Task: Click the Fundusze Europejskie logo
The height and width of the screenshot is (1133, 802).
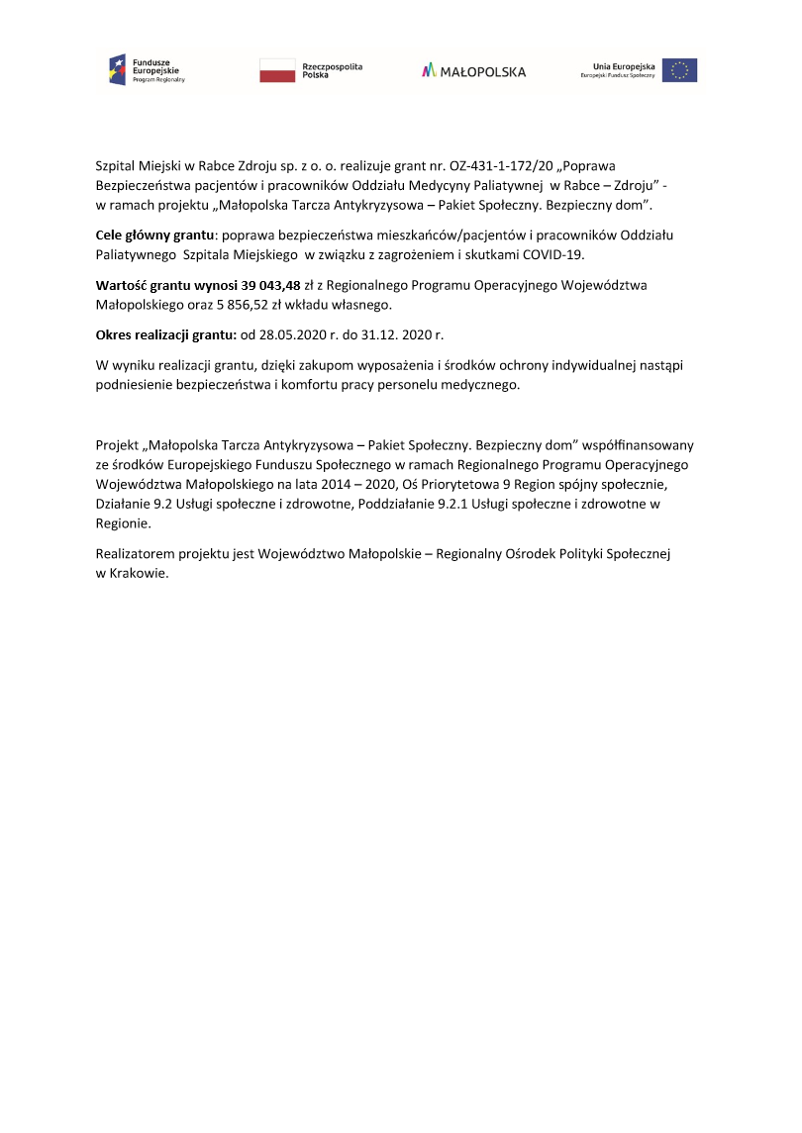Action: point(147,69)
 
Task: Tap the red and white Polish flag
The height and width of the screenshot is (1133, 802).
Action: point(276,70)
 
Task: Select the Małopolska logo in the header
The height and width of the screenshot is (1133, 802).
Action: point(473,71)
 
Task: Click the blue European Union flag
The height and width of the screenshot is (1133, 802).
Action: point(679,70)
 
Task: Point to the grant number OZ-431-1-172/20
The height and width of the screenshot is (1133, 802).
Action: point(505,166)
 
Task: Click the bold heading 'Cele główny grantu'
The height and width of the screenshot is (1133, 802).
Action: point(154,236)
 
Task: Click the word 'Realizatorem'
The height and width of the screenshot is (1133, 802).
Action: point(138,555)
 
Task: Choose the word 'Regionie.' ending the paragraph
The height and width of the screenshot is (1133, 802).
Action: point(123,522)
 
